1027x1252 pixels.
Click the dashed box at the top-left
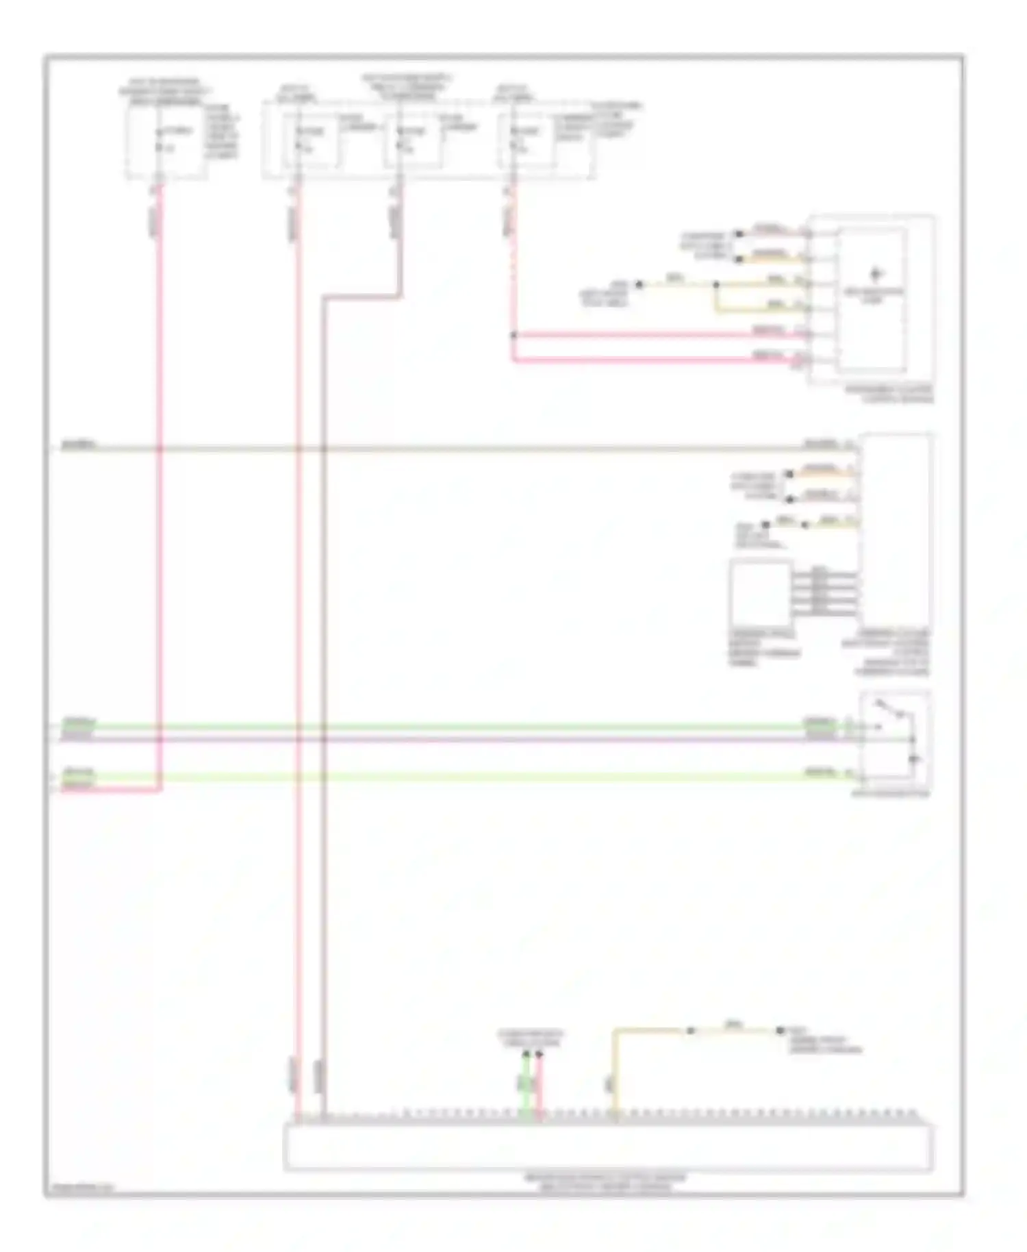point(166,142)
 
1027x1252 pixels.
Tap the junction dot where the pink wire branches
point(513,336)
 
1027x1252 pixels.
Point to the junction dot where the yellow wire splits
point(716,284)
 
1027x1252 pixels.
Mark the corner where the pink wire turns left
point(160,789)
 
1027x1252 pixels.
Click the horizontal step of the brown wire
point(362,297)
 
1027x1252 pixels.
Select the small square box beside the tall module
point(761,590)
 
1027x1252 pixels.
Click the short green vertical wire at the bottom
point(526,1089)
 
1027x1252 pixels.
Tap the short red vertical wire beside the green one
point(539,1089)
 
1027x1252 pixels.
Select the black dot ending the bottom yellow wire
point(780,1031)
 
